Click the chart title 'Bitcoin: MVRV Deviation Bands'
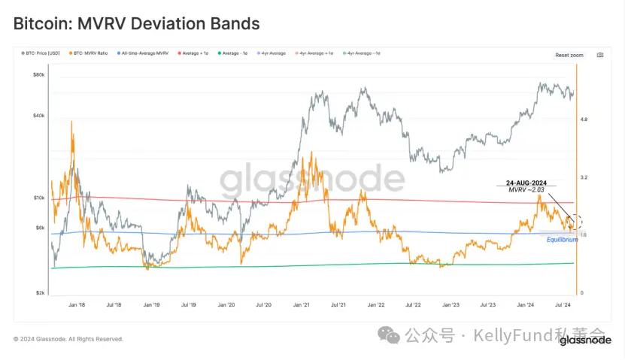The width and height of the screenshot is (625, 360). tap(136, 24)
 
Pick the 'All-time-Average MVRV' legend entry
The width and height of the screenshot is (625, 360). tap(143, 54)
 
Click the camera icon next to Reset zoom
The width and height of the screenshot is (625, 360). tap(599, 55)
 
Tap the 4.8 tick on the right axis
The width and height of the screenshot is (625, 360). tap(584, 119)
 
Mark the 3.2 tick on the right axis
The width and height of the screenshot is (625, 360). tap(584, 177)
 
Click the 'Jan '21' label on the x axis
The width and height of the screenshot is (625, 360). tap(301, 305)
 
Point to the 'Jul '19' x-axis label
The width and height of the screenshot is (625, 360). tap(188, 305)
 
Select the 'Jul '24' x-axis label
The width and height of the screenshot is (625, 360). tap(562, 305)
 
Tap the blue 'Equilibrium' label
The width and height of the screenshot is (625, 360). tap(563, 239)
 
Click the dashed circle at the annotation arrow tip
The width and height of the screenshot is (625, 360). tap(575, 222)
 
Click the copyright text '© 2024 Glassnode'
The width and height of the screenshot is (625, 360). tap(68, 339)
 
